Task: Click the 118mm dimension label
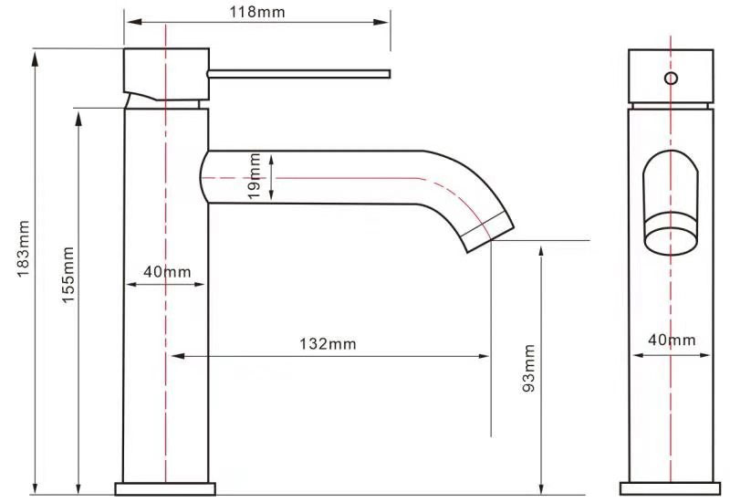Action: (256, 12)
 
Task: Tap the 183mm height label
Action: (24, 248)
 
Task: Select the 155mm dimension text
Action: (68, 275)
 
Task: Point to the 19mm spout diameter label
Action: (255, 176)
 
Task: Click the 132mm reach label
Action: (328, 344)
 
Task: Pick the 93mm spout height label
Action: (529, 368)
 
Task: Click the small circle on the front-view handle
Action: (671, 79)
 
